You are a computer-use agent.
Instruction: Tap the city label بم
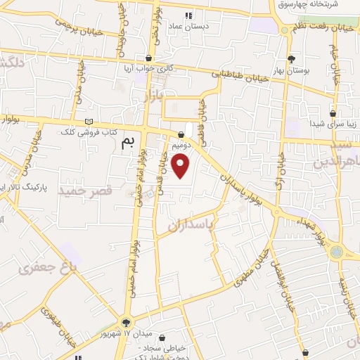(x=127, y=143)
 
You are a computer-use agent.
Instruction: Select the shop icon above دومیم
(x=182, y=134)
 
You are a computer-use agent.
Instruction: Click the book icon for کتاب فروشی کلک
(x=88, y=122)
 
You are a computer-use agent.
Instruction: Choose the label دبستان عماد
(x=188, y=27)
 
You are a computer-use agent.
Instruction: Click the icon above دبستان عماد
(x=188, y=15)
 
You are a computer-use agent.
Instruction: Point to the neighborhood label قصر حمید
(x=86, y=191)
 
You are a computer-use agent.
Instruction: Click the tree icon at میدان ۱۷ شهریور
(x=127, y=322)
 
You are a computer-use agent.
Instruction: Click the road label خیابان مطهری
(x=256, y=269)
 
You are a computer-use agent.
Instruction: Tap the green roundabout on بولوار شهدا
(x=337, y=251)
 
